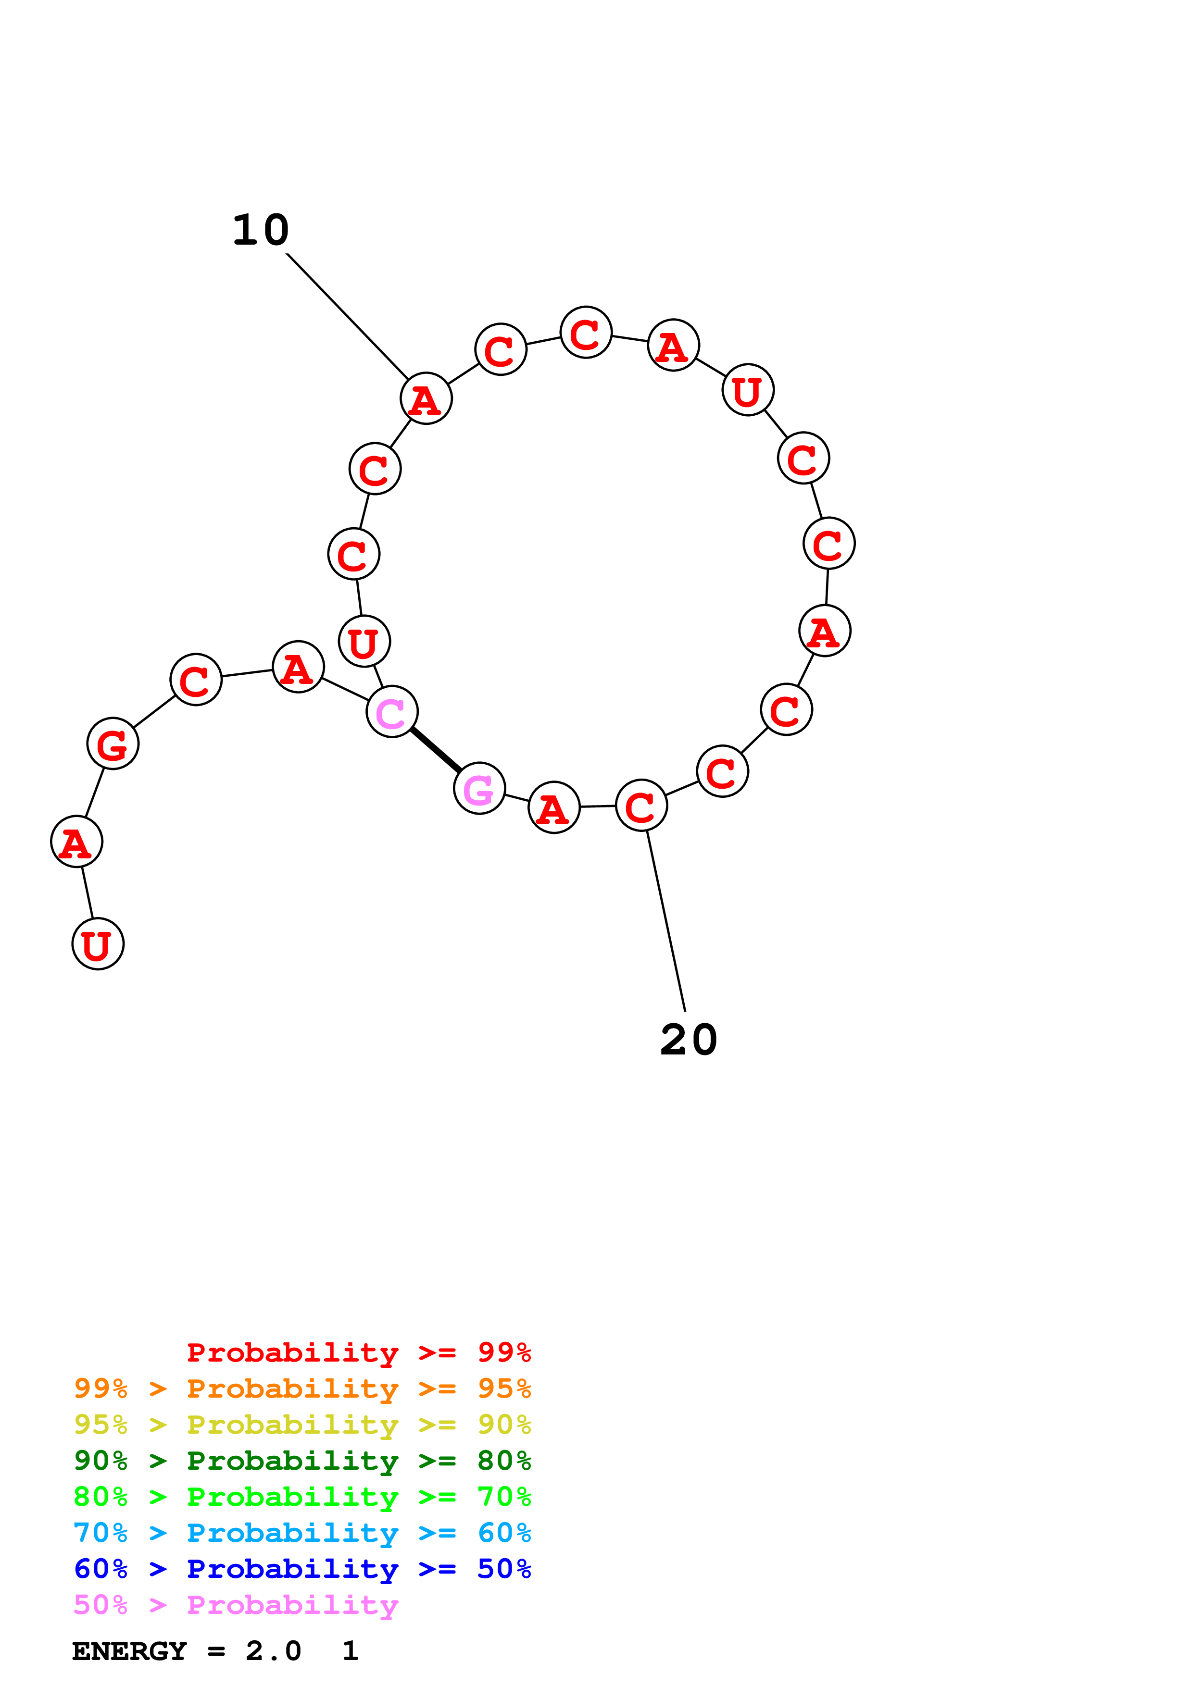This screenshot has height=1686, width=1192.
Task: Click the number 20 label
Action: (688, 1040)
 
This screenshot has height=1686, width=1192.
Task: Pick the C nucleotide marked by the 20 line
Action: (641, 805)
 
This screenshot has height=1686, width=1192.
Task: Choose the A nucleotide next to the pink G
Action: (554, 807)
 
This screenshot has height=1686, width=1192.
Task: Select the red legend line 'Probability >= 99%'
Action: (358, 1352)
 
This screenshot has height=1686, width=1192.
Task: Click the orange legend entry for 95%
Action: (302, 1388)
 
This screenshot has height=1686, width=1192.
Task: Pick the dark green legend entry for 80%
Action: (302, 1461)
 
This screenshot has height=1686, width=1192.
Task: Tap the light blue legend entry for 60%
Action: (302, 1533)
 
